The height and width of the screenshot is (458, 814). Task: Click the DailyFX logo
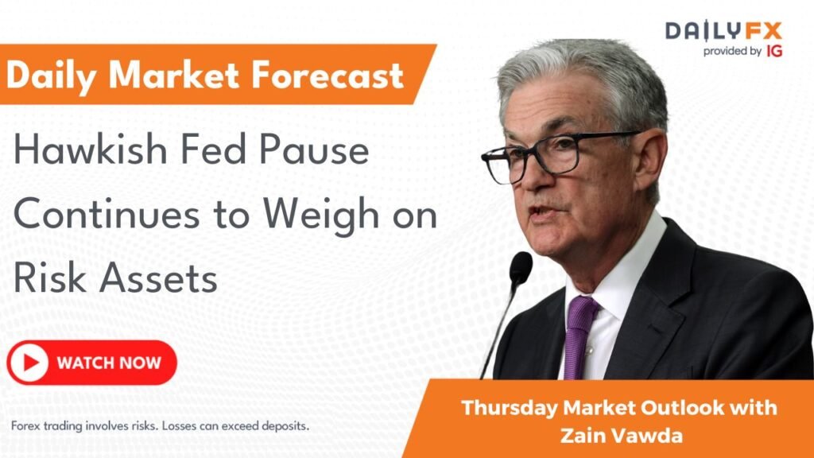click(x=723, y=31)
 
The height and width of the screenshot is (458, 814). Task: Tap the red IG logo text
click(x=773, y=51)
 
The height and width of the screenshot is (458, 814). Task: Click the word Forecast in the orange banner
click(x=327, y=75)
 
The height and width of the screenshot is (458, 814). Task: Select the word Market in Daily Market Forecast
click(x=174, y=75)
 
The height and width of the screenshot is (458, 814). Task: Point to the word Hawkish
click(x=90, y=149)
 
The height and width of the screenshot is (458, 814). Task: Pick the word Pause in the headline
click(x=314, y=150)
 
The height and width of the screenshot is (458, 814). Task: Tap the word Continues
click(x=107, y=214)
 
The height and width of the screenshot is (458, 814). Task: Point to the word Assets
click(x=158, y=279)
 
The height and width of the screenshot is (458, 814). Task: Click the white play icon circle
click(x=29, y=363)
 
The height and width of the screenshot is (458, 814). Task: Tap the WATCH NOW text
click(x=109, y=363)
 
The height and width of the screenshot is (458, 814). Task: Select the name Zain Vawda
click(x=622, y=435)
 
